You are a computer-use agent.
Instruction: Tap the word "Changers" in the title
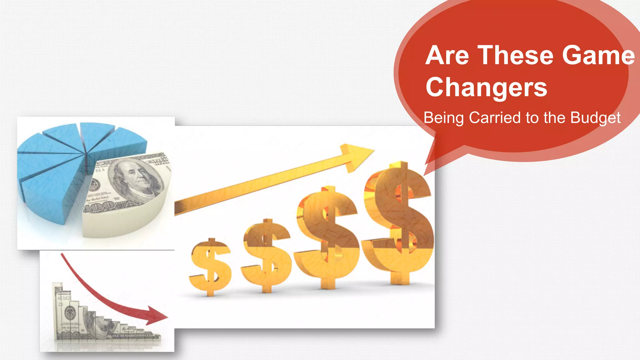[486, 87]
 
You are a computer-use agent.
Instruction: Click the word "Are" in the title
[447, 55]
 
